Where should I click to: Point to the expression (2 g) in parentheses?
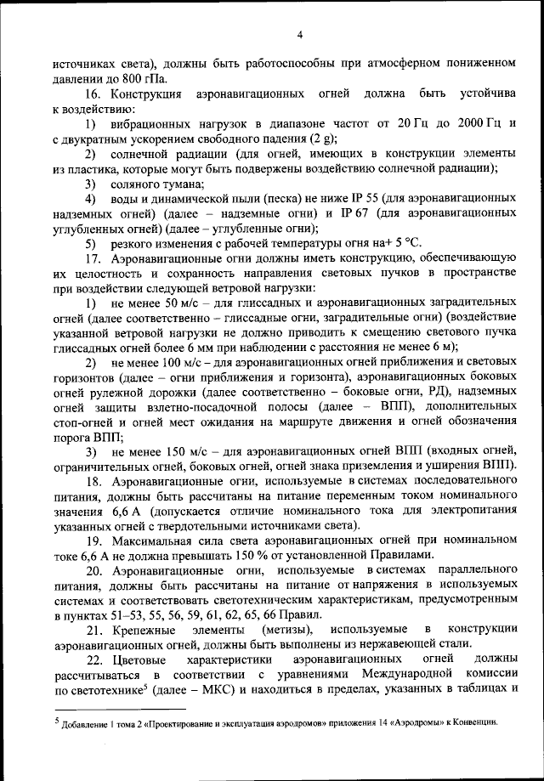coord(323,139)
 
